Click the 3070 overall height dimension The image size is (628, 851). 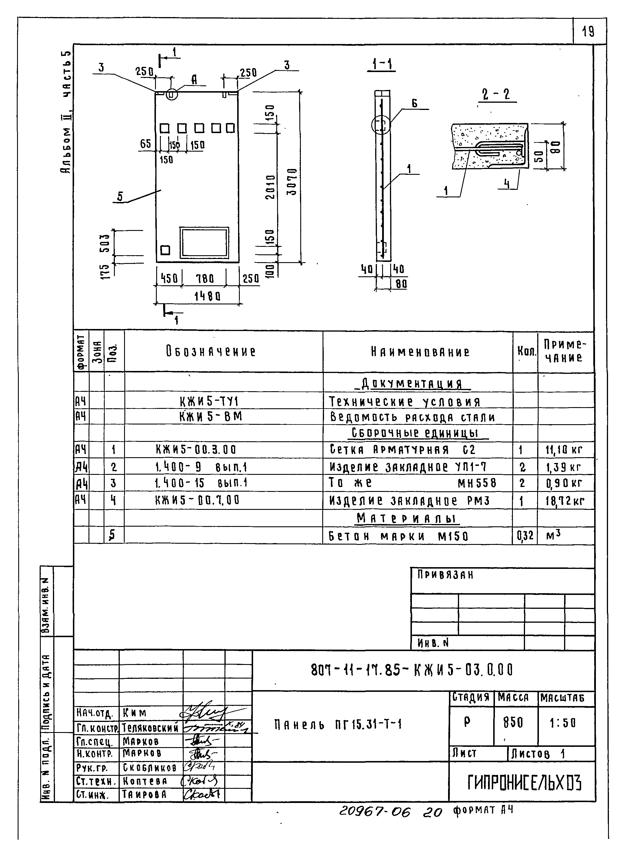pos(292,181)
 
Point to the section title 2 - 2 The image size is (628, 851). pos(496,94)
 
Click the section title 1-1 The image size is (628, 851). pos(382,64)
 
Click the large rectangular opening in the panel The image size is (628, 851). pos(205,242)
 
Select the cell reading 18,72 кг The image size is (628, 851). pos(565,501)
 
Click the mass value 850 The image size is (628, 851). pos(513,723)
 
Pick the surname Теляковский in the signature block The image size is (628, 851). pos(150,728)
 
